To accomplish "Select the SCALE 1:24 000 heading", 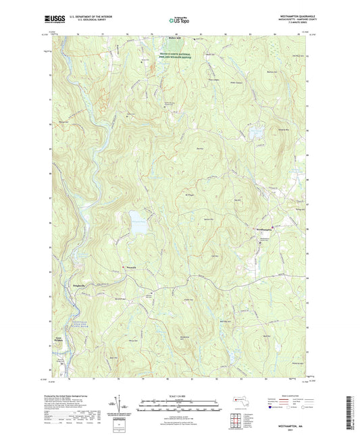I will [x=179, y=396].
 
